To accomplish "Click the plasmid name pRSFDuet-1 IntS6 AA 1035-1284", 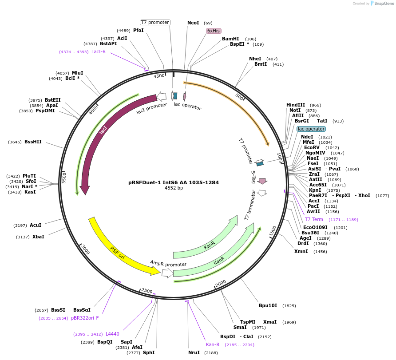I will click(173, 182).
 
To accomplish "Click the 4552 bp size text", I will click(174, 188).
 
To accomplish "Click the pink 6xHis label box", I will click(214, 31).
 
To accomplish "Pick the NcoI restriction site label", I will click(193, 23).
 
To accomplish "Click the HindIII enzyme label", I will click(296, 105).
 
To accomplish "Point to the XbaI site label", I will click(38, 237).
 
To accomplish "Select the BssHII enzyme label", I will click(33, 142).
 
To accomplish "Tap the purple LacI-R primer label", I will click(99, 52).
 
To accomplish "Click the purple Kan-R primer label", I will click(213, 344).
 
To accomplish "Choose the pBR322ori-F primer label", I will click(85, 318).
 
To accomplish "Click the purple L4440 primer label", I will click(112, 334).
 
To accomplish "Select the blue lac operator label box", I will click(311, 129).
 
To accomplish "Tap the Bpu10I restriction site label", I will click(268, 305).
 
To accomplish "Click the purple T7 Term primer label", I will click(314, 219).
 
